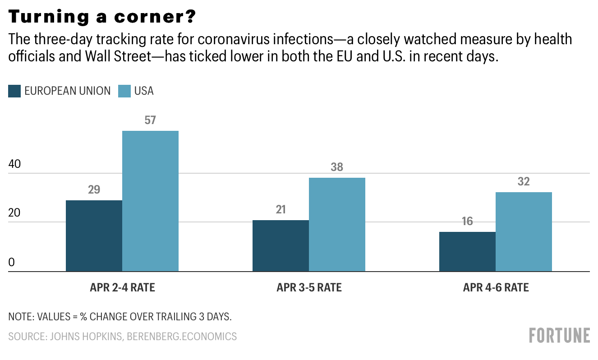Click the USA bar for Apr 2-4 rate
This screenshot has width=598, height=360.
(x=150, y=201)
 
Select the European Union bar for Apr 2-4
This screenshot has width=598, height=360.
(x=94, y=236)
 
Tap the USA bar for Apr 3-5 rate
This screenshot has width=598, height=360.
(x=337, y=225)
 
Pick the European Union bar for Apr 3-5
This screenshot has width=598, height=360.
(x=281, y=246)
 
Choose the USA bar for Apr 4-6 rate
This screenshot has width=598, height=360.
(x=524, y=232)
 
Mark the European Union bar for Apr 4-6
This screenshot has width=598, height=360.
(x=467, y=252)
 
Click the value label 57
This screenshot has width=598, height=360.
(x=150, y=121)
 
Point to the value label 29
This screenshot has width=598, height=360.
(x=94, y=190)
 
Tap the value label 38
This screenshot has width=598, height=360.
(x=337, y=167)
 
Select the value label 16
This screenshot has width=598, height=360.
(x=467, y=222)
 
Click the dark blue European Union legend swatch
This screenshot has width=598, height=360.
(x=14, y=91)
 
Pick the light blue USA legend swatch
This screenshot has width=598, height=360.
(x=124, y=91)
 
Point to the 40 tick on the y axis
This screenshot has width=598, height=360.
(x=15, y=164)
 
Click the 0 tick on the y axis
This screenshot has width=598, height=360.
(x=12, y=263)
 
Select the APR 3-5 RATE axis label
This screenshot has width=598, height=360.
(x=309, y=288)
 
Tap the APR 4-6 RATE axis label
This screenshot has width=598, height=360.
(x=496, y=288)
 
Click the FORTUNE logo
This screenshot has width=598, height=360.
(x=559, y=336)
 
